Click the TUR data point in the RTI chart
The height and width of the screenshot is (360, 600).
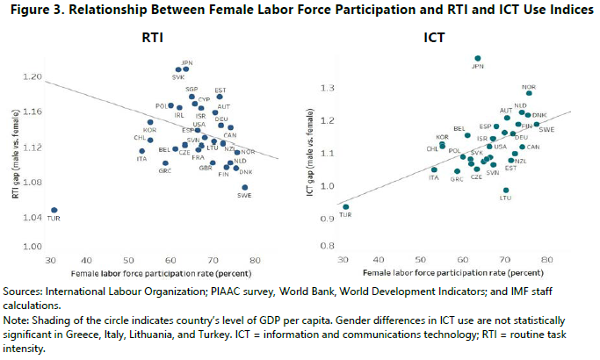point(54,211)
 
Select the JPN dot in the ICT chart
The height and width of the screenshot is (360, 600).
point(478,58)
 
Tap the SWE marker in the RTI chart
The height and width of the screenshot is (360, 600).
point(245,188)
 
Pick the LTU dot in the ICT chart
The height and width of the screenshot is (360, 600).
point(505,190)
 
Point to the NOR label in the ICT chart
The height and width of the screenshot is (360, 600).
point(529,87)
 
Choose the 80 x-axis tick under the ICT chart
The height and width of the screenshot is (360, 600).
point(546,260)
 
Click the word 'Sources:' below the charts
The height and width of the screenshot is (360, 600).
point(27,291)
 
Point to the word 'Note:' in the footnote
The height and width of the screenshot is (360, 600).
point(20,320)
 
